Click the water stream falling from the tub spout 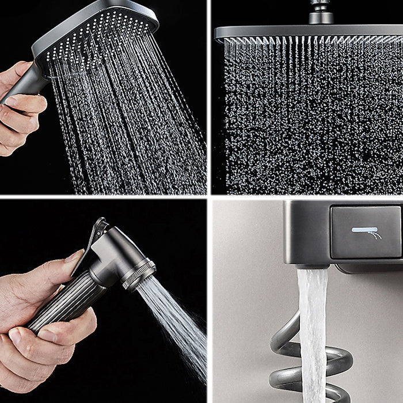(313, 334)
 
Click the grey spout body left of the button (305, 230)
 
